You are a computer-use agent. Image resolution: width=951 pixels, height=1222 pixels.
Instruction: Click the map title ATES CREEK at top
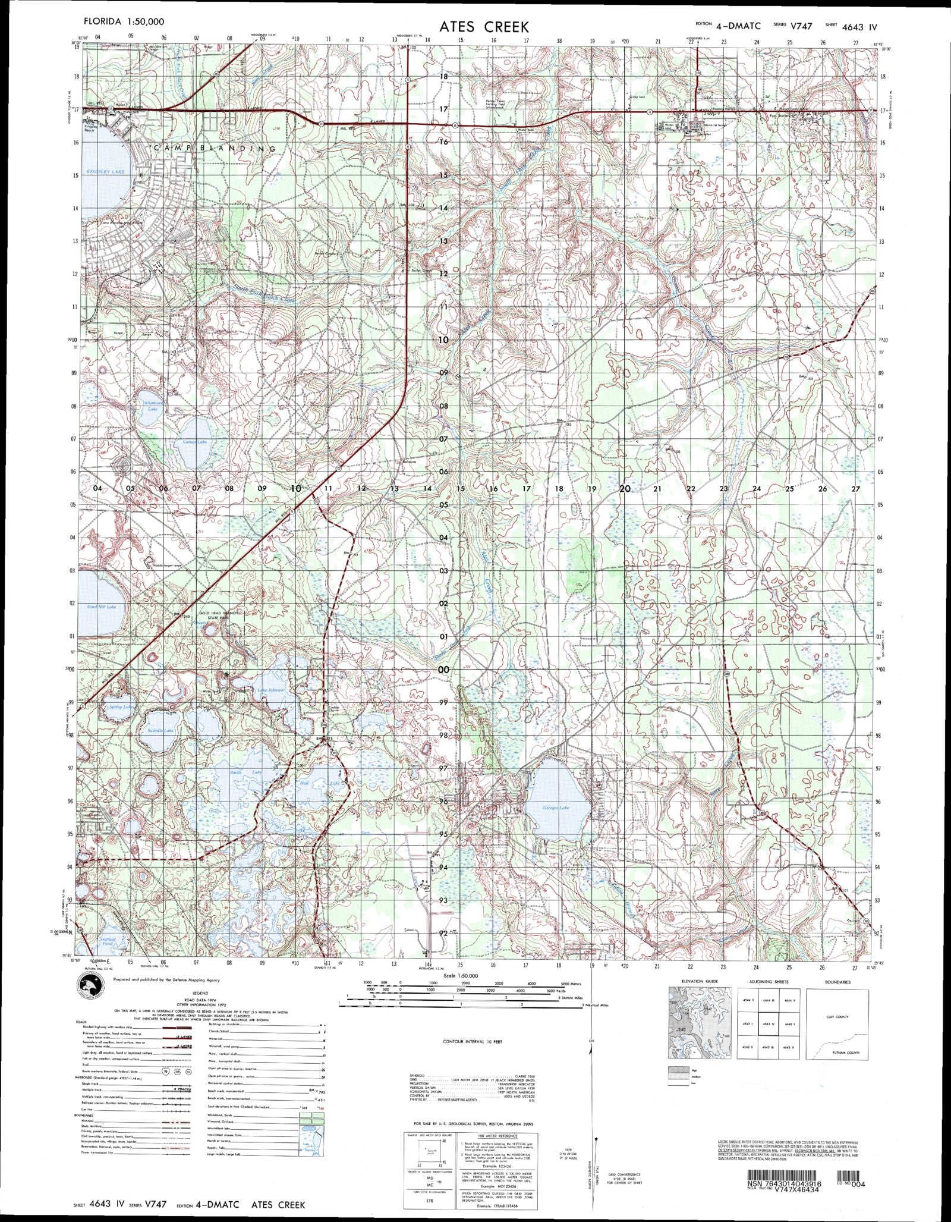[484, 27]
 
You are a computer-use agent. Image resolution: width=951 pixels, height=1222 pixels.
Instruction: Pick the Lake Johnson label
[270, 690]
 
